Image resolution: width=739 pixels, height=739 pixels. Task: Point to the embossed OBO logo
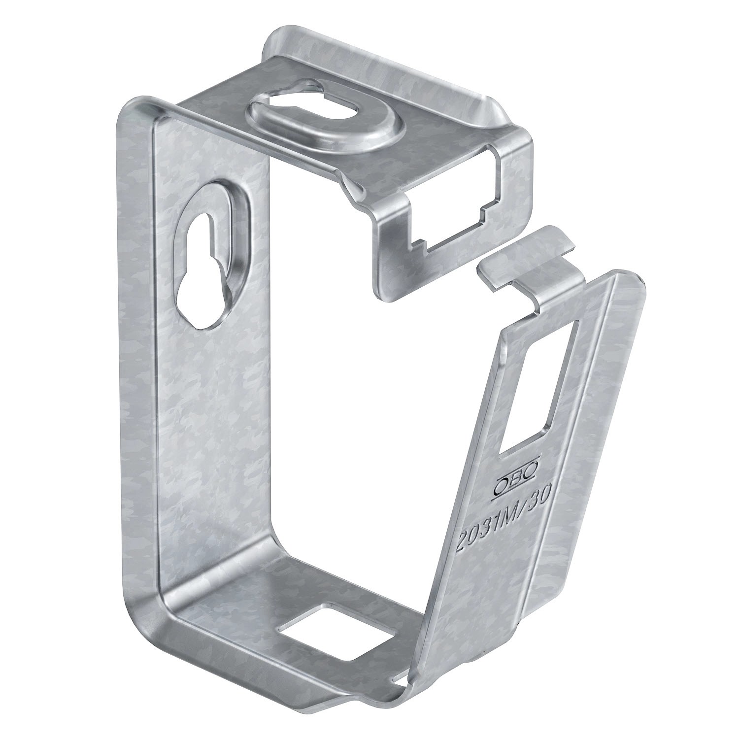click(x=515, y=474)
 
